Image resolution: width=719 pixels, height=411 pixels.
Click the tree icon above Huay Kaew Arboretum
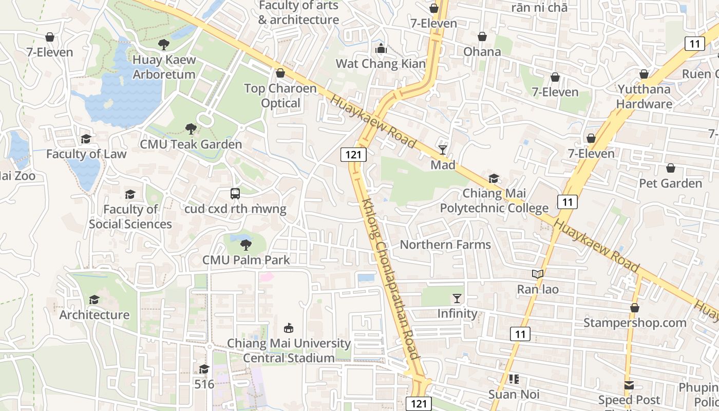click(x=164, y=45)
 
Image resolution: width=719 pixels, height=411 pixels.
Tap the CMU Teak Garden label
click(x=191, y=144)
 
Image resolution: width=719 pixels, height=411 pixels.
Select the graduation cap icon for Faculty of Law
click(x=86, y=139)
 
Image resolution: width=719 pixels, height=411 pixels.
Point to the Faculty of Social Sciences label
click(x=130, y=217)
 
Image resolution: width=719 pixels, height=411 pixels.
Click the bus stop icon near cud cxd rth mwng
click(x=235, y=194)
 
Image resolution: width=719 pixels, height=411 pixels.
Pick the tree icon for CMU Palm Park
click(x=246, y=245)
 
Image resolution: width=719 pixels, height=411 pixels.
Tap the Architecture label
click(x=94, y=314)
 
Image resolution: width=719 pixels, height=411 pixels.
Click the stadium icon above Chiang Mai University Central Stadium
click(x=289, y=328)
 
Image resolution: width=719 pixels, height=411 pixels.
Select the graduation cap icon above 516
click(x=204, y=369)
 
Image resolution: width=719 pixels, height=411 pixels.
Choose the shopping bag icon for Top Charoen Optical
click(x=280, y=73)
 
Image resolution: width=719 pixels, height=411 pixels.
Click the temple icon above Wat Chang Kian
click(x=381, y=49)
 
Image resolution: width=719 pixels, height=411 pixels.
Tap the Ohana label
click(x=482, y=52)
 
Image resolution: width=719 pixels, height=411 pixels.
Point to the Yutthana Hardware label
click(x=644, y=97)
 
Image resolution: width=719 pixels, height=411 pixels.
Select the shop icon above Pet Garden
click(x=670, y=168)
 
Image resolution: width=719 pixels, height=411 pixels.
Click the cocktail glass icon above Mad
click(x=443, y=150)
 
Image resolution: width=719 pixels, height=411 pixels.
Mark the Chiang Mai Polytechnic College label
click(x=494, y=201)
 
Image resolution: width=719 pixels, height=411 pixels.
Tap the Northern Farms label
click(x=445, y=245)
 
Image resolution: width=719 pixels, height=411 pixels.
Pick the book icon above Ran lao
click(x=537, y=274)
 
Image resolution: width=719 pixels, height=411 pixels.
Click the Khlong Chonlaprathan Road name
click(x=390, y=278)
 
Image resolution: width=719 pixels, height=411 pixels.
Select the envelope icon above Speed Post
click(x=629, y=385)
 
